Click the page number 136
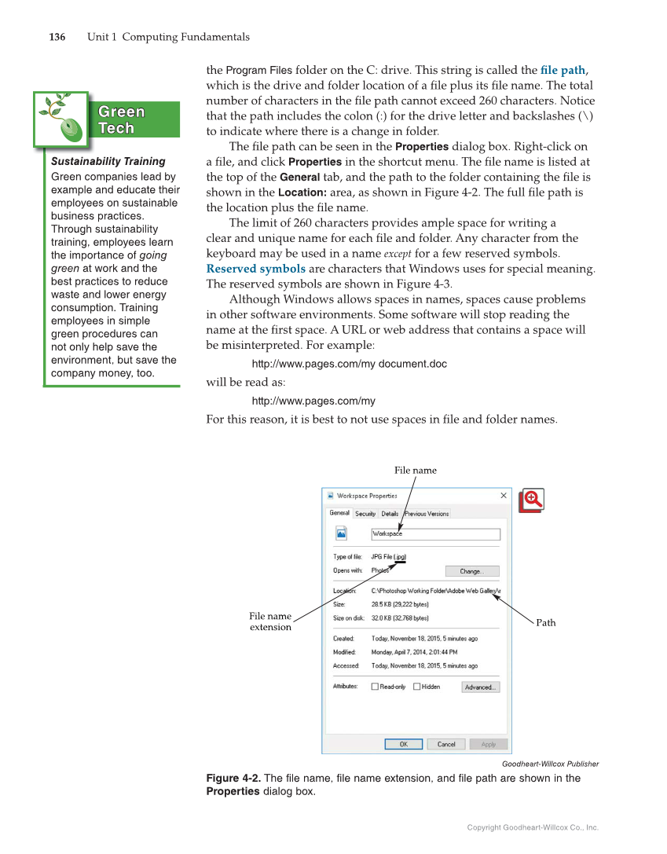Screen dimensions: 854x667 pyautogui.click(x=57, y=37)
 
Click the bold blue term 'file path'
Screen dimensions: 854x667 pyautogui.click(x=563, y=70)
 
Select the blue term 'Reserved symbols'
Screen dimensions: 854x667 pyautogui.click(x=255, y=269)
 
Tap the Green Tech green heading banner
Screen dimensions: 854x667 pyautogui.click(x=122, y=119)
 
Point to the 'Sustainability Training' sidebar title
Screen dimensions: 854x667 pyautogui.click(x=108, y=161)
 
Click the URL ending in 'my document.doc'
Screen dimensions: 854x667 pyautogui.click(x=349, y=364)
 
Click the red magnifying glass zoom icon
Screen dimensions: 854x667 pyautogui.click(x=532, y=500)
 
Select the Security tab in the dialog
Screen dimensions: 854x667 pyautogui.click(x=365, y=514)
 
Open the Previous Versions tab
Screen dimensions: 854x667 pyautogui.click(x=427, y=514)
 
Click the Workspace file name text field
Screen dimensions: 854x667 pyautogui.click(x=435, y=534)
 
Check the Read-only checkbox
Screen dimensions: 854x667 pyautogui.click(x=376, y=687)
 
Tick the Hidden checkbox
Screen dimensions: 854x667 pyautogui.click(x=417, y=687)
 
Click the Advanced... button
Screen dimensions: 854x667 pyautogui.click(x=479, y=687)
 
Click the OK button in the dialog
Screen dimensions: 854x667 pyautogui.click(x=403, y=744)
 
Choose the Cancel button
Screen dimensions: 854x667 pyautogui.click(x=446, y=744)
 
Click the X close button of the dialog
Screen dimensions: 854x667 pyautogui.click(x=504, y=496)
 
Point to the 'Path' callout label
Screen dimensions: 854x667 pyautogui.click(x=545, y=623)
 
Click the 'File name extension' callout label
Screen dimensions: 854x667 pyautogui.click(x=270, y=621)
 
